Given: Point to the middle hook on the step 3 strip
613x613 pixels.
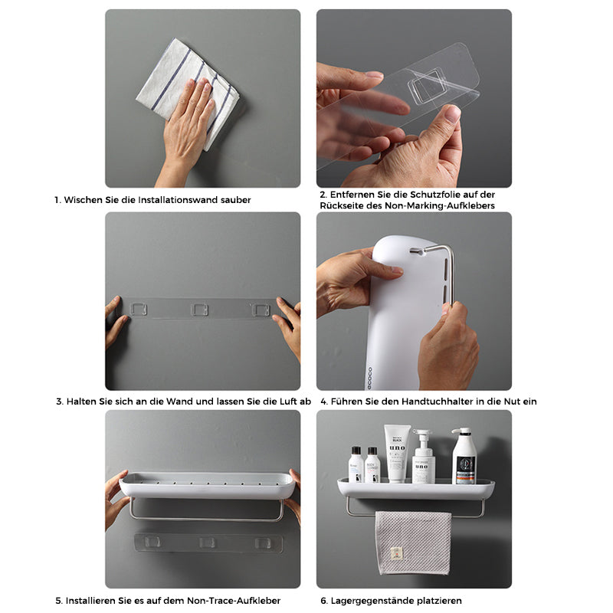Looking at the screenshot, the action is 199,310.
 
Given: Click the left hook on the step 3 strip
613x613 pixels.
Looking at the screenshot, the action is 139,310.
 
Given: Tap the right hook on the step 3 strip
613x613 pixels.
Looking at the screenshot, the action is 261,310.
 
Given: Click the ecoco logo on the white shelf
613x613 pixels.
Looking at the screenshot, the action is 369,378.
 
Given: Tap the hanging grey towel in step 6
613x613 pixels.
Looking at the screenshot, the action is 413,543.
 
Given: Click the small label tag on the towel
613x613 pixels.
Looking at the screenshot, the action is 396,553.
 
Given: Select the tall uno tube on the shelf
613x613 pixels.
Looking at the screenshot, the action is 397,453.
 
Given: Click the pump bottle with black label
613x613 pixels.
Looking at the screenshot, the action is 464,456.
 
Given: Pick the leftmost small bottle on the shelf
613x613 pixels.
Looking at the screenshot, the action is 356,464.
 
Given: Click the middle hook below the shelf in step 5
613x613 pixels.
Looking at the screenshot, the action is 207,543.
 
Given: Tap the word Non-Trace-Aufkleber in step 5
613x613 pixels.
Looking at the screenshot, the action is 234,601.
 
